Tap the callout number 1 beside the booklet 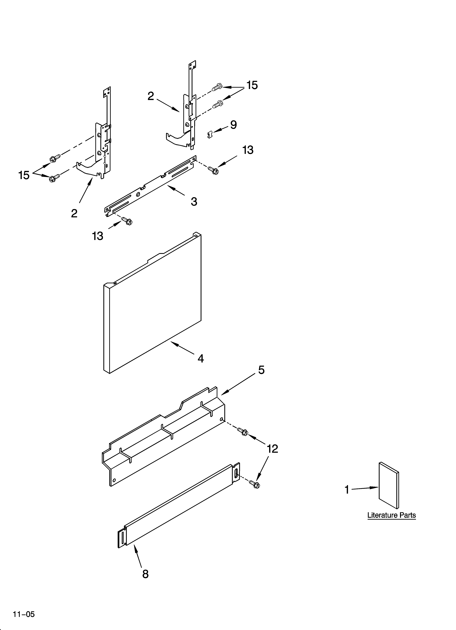pyautogui.click(x=347, y=490)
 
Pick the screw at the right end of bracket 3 pyautogui.click(x=213, y=170)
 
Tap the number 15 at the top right pyautogui.click(x=252, y=85)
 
